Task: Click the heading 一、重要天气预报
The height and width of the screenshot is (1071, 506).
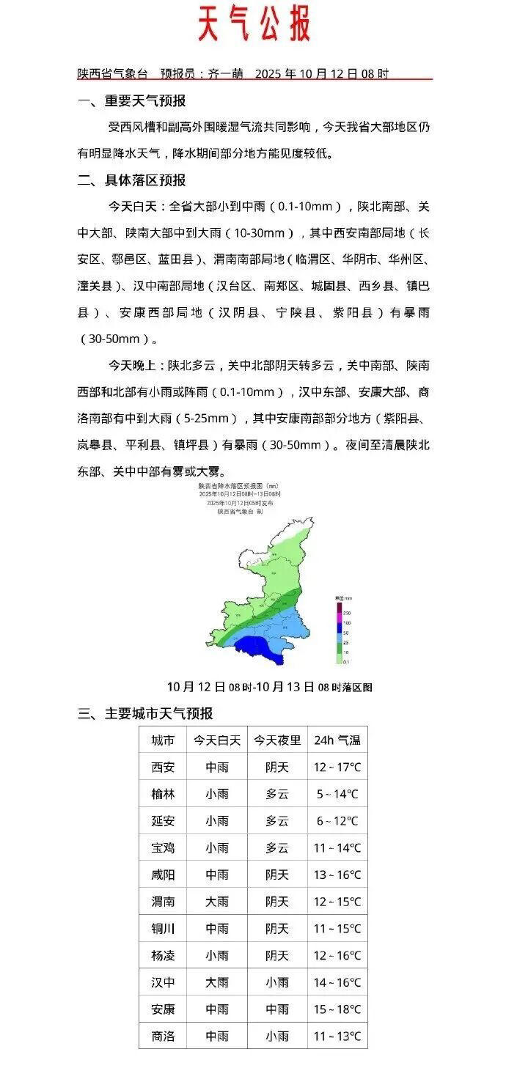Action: click(x=132, y=101)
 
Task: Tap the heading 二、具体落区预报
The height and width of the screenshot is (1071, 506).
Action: click(x=132, y=180)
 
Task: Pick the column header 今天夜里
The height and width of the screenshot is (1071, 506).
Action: click(x=277, y=740)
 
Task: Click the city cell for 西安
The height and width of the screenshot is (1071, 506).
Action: click(x=163, y=768)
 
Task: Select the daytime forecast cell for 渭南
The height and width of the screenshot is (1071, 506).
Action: click(x=217, y=902)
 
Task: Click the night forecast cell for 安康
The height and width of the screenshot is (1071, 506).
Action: click(x=277, y=1009)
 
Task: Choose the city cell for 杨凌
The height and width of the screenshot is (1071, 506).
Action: click(x=163, y=956)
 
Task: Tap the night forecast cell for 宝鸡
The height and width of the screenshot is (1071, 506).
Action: click(x=277, y=848)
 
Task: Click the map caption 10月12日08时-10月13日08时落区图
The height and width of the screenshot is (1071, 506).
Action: click(x=269, y=687)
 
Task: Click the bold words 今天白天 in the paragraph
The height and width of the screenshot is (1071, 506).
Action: click(x=135, y=205)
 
